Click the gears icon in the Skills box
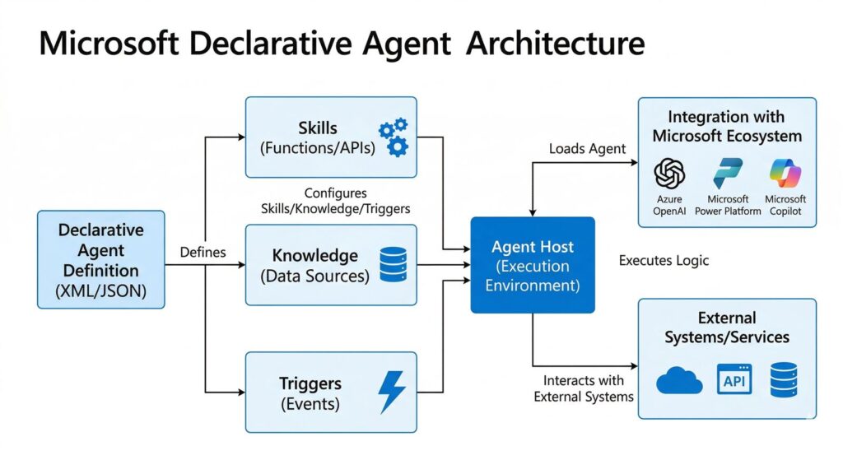point(393,137)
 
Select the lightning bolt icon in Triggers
point(391,393)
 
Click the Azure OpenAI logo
point(669,174)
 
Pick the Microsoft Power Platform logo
point(728,174)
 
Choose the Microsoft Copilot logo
point(785,174)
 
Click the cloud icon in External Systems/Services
point(679,380)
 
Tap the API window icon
point(734,379)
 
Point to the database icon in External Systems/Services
point(784,379)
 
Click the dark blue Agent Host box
point(532,265)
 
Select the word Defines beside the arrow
point(203,252)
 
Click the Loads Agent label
point(587,149)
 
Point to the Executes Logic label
point(664,261)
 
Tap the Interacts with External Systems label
point(583,388)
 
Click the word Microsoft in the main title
point(115,43)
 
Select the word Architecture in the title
point(555,43)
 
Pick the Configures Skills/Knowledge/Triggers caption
point(335,201)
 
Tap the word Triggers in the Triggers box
point(310,384)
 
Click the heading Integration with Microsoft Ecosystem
point(727,126)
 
